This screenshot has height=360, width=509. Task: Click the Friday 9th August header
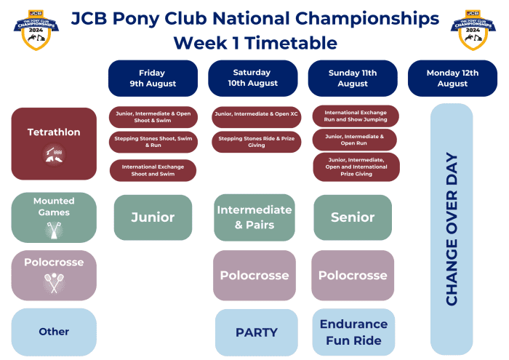[153, 78]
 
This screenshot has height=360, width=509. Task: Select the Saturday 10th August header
[252, 78]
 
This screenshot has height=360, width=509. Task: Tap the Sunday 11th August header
[353, 78]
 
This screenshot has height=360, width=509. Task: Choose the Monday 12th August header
[452, 78]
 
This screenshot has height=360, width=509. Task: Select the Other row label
[54, 332]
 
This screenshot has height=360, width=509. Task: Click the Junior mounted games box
[153, 217]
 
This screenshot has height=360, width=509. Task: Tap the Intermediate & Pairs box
[254, 217]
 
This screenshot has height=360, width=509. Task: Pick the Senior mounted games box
[353, 217]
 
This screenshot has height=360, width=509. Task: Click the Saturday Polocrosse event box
[254, 276]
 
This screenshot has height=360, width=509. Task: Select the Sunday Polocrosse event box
[353, 276]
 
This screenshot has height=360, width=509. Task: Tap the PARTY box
[256, 332]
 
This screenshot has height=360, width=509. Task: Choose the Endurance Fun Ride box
[353, 332]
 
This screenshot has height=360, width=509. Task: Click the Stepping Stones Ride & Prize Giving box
[256, 142]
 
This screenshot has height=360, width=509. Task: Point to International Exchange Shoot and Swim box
[153, 170]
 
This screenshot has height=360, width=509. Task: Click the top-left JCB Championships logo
[36, 29]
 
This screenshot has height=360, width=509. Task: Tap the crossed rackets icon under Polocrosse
[53, 281]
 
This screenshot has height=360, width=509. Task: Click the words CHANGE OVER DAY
[452, 229]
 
